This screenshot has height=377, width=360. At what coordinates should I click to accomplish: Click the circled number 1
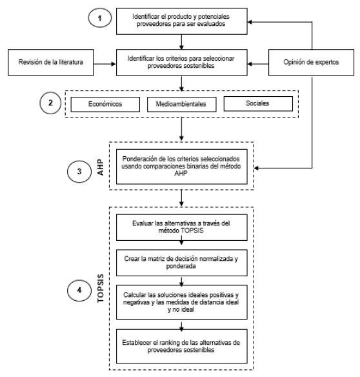[100, 18]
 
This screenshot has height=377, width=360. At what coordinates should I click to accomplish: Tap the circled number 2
[50, 103]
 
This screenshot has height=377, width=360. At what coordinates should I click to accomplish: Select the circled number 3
[79, 172]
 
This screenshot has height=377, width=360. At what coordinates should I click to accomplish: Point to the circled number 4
[79, 290]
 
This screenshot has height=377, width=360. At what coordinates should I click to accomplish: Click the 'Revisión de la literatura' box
[51, 63]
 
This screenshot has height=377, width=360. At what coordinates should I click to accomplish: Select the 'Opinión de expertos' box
[311, 63]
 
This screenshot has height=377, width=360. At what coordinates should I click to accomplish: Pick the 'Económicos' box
[105, 105]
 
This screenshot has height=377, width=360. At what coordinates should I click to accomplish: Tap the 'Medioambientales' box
[182, 105]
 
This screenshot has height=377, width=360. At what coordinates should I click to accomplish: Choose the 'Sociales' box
[258, 104]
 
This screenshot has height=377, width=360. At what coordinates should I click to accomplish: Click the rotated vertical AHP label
[101, 167]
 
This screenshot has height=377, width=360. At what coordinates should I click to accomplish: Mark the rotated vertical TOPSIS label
[101, 289]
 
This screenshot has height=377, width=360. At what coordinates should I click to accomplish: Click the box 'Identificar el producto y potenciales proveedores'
[182, 21]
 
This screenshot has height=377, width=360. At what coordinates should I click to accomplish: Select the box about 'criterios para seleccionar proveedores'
[182, 63]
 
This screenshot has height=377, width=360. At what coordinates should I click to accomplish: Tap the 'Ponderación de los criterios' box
[182, 167]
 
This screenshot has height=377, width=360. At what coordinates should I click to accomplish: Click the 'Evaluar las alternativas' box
[182, 227]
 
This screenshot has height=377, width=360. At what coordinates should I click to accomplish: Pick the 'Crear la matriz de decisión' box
[182, 263]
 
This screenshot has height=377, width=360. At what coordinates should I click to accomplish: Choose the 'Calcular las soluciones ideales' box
[182, 302]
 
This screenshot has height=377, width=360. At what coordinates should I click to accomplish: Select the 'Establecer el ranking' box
[182, 346]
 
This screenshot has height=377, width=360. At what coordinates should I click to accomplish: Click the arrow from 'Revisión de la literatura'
[105, 64]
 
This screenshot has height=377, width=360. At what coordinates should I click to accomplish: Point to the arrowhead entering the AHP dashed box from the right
[256, 168]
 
